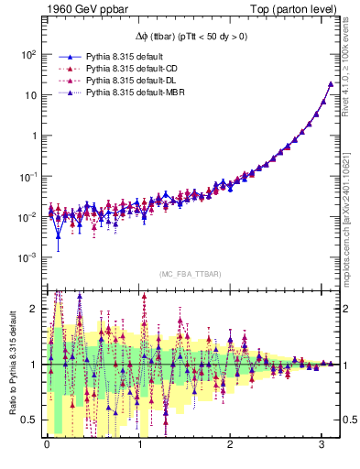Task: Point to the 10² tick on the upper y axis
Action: pyautogui.click(x=28, y=54)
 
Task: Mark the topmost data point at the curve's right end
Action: pyautogui.click(x=330, y=84)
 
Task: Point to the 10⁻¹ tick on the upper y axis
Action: pyautogui.click(x=27, y=177)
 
